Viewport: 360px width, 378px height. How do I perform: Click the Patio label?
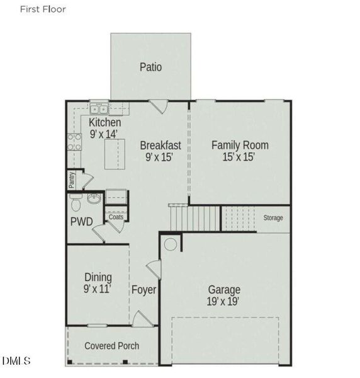point(150,67)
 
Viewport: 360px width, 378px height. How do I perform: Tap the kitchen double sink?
point(99,109)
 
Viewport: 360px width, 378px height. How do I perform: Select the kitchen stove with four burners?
point(74,142)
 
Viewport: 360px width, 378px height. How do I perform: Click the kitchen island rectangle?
point(115,154)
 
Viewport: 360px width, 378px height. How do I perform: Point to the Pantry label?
point(72,180)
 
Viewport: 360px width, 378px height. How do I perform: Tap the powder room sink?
point(94,198)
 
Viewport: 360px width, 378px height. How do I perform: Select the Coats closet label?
point(116,217)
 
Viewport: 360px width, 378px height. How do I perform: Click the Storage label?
point(273,218)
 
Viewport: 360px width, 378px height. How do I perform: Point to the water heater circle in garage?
point(171,244)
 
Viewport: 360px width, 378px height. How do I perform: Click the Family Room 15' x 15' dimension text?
point(239,157)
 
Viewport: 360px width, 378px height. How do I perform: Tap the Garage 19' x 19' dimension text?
point(223,301)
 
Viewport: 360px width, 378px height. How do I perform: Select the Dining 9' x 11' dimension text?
point(98,289)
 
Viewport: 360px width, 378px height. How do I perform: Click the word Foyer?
point(143,290)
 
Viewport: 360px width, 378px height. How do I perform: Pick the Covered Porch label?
point(112,346)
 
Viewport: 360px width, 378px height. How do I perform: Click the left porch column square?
point(70,362)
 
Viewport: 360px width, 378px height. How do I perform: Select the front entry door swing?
point(142,319)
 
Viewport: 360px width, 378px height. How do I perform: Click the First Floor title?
point(43,9)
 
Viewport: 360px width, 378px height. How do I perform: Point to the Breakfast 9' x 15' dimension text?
point(159,157)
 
